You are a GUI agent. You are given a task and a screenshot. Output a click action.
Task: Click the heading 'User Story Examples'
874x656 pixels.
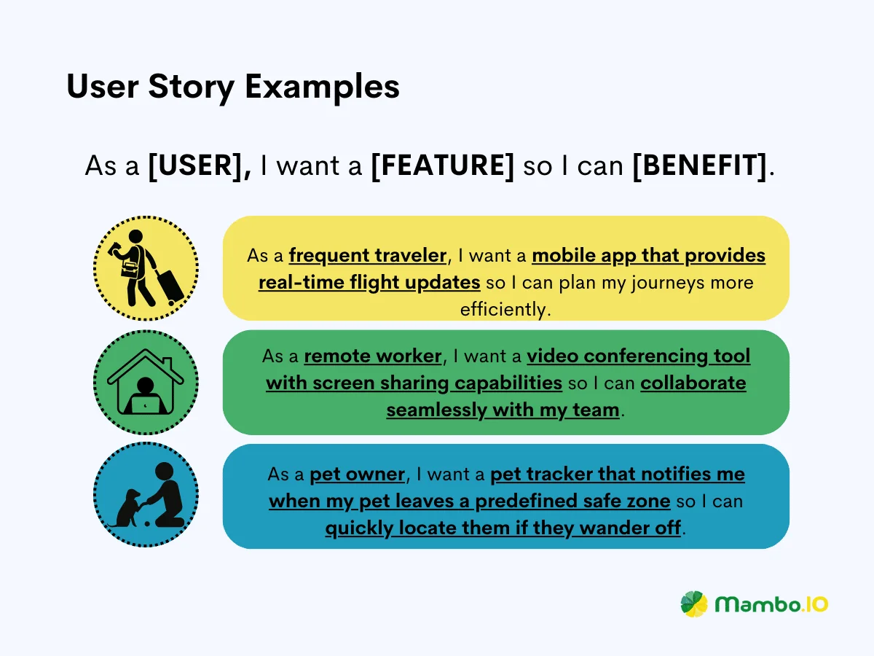click(233, 87)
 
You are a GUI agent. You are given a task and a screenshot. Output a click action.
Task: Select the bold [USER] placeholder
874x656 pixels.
click(200, 165)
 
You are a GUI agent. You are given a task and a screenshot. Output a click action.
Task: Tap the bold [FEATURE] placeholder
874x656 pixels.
click(442, 165)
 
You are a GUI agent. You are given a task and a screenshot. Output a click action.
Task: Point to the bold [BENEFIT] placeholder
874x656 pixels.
click(700, 165)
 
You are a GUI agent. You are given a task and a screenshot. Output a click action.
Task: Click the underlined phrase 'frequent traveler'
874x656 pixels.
click(368, 255)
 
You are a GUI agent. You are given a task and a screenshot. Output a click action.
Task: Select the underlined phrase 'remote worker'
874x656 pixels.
click(373, 356)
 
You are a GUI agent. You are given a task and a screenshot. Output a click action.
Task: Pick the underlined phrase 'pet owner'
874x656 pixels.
click(357, 475)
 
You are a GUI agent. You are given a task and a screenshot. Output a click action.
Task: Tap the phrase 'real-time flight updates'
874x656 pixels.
click(369, 283)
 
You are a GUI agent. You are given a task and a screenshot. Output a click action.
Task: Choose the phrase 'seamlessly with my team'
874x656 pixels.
click(503, 410)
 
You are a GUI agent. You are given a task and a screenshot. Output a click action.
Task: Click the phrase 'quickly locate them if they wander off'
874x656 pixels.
click(503, 528)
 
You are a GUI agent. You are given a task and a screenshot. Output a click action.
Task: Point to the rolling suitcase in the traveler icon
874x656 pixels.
click(169, 286)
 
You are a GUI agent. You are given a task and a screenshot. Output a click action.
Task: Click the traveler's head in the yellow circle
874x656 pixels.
click(135, 235)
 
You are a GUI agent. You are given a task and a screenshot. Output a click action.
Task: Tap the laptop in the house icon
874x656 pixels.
click(146, 405)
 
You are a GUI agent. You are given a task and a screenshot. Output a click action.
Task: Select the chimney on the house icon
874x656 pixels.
click(168, 363)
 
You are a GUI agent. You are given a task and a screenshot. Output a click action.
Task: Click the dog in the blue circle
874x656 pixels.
click(127, 509)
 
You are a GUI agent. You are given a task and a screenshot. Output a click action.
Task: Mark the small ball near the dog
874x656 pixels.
click(147, 523)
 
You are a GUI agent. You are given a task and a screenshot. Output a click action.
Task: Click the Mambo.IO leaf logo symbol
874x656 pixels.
click(694, 604)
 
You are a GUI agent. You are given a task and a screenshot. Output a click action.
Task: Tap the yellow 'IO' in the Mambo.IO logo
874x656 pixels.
click(816, 604)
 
